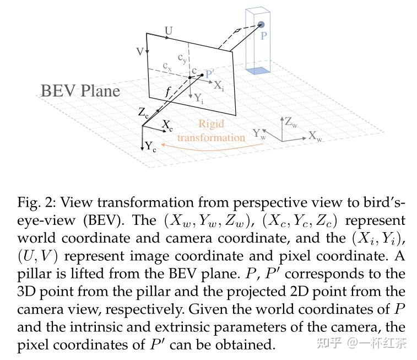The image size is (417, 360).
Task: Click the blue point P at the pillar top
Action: (261, 24)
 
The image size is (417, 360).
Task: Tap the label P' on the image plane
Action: (210, 74)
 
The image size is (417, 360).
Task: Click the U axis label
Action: (169, 31)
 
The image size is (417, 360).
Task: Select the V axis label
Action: (140, 51)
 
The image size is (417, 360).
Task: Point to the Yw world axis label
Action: (259, 134)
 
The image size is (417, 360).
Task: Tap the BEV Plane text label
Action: (80, 91)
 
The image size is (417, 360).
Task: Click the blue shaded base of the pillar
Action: (257, 70)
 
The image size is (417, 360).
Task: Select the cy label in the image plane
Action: (182, 57)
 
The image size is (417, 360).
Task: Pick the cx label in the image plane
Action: (167, 66)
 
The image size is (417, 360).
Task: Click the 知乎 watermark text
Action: (329, 343)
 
